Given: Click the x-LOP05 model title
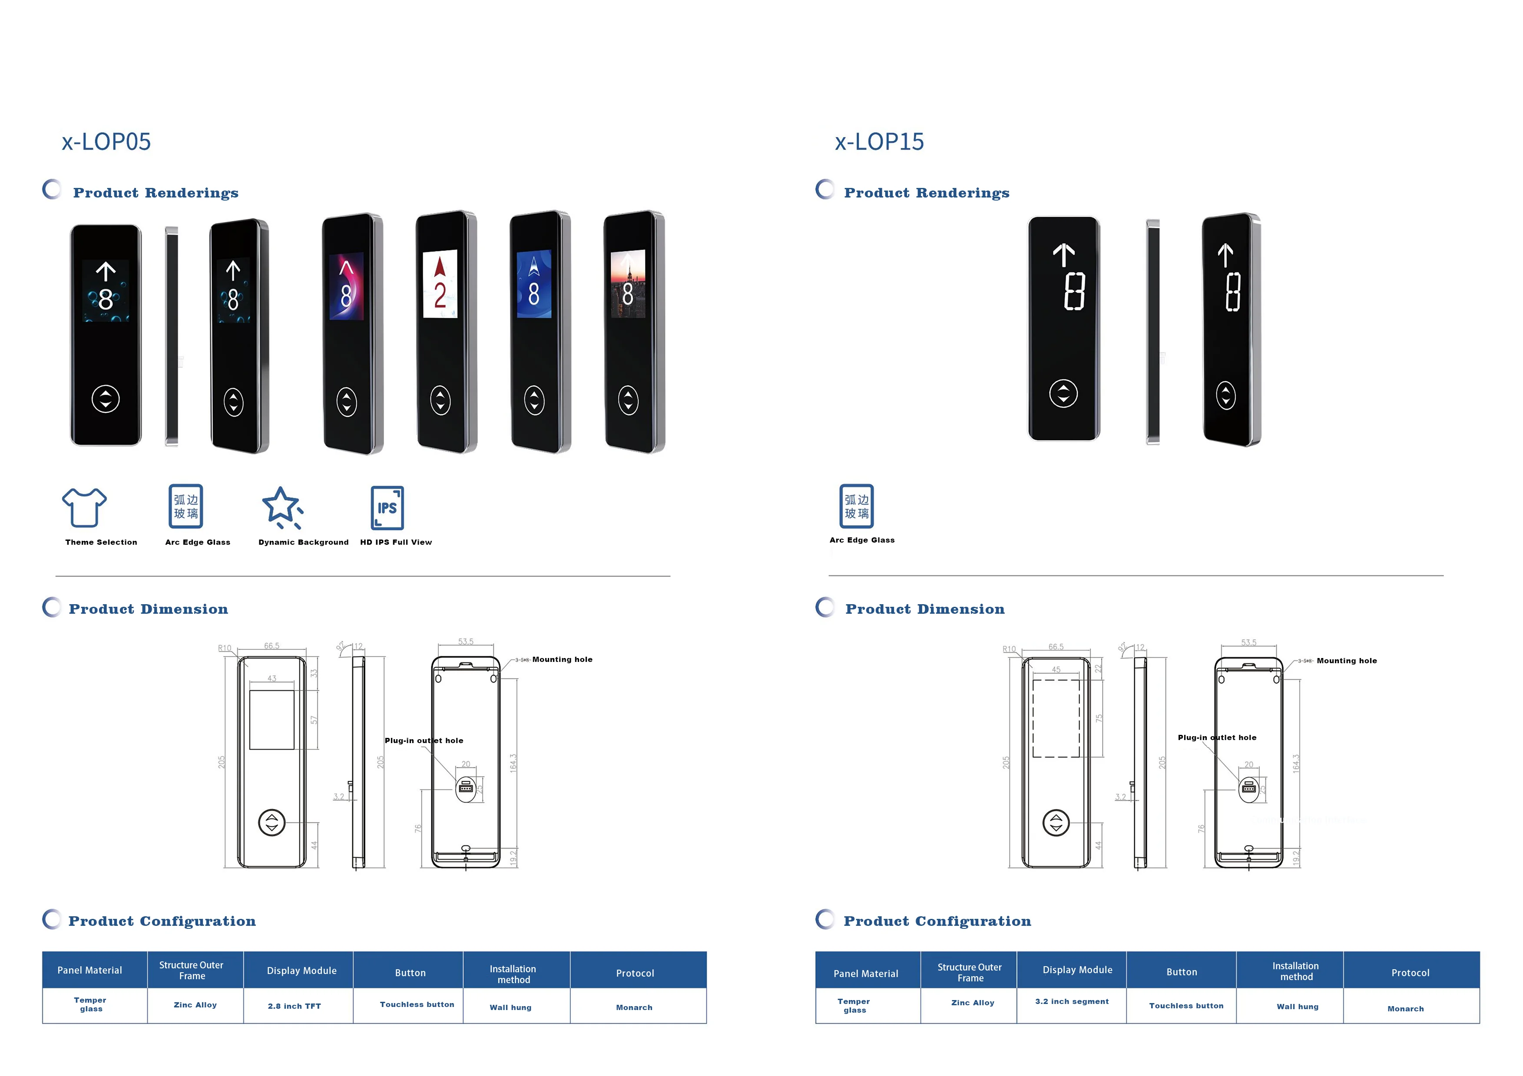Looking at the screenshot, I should coord(106,142).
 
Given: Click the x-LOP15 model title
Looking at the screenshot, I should coord(879,142).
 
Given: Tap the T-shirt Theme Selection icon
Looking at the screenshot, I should coord(84,507).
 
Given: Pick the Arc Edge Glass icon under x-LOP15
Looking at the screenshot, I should coord(856,506).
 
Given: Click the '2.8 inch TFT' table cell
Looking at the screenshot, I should coord(295,1006).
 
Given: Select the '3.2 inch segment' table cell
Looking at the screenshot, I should coord(1071,1001).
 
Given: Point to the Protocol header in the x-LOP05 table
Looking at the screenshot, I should coord(635,973).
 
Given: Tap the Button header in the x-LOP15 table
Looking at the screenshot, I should coord(1182,972).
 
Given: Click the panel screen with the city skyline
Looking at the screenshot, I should coord(628,284).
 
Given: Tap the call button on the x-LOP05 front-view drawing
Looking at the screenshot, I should coord(271,823).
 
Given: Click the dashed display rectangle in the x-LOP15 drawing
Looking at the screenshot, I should coord(1056,718).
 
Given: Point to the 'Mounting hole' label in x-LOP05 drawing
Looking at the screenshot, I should coord(562,660).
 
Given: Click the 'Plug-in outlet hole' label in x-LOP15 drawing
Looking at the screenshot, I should coord(1217,737).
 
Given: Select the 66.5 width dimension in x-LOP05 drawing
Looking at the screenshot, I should coord(271,646).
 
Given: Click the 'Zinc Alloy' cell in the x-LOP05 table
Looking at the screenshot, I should coord(195,1005).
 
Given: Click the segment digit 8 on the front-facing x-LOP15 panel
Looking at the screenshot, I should coord(1074,292).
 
